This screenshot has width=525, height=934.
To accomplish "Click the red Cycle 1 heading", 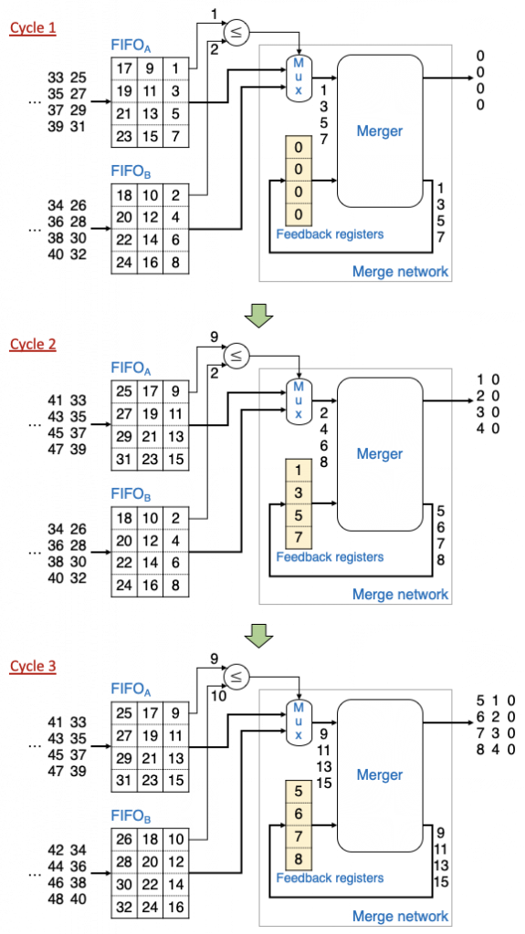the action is tap(33, 29).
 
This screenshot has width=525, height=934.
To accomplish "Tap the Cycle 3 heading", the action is tap(33, 666).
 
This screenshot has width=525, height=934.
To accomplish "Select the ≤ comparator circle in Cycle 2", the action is tap(236, 357).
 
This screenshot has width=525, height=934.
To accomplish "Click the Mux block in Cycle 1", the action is tap(298, 78).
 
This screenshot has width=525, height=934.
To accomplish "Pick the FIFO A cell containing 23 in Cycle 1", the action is tap(124, 137).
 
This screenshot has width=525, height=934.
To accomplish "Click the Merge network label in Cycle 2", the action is tap(400, 594).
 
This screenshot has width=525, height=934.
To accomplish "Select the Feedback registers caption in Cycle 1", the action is tap(330, 234).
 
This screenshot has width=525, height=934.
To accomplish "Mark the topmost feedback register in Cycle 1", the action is tap(299, 146).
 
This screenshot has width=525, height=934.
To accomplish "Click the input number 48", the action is tap(56, 898).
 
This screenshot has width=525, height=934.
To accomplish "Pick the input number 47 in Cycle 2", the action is tap(56, 449).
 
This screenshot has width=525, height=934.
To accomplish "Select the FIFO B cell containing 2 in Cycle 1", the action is tap(174, 194).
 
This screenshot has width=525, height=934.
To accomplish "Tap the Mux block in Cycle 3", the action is tap(298, 722).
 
